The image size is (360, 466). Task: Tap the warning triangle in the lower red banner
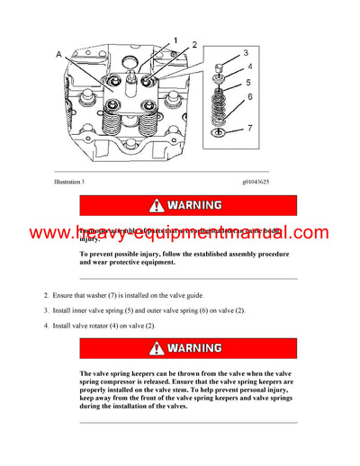[157, 347]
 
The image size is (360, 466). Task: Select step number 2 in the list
[45, 295]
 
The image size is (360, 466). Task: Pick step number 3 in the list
[45, 310]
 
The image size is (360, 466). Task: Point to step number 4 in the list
[45, 325]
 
